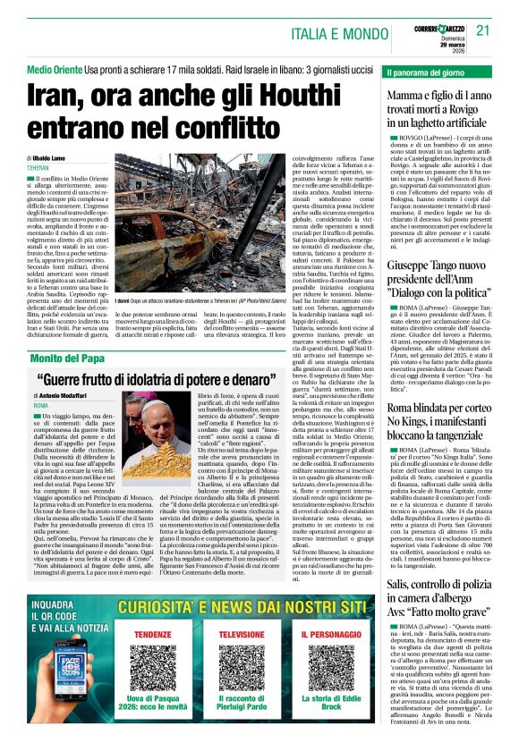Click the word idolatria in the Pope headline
click(167, 355)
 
